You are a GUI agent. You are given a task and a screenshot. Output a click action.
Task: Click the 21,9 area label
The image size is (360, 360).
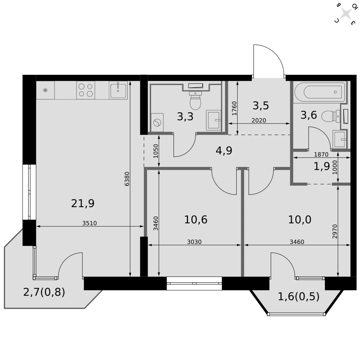click(83, 203)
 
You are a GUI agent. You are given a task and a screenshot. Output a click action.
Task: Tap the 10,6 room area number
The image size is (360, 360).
click(196, 220)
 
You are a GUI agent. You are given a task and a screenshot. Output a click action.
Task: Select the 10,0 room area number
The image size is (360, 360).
click(300, 220)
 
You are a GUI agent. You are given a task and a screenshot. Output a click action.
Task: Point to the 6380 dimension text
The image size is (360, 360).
click(127, 179)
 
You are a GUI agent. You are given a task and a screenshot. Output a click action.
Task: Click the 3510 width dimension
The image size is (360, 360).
click(90, 223)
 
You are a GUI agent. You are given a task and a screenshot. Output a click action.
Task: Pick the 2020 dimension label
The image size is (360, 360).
click(259, 120)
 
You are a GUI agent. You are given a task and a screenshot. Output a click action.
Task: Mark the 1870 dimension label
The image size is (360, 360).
click(321, 154)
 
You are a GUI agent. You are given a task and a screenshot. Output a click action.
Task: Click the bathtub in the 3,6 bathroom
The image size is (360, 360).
click(320, 92)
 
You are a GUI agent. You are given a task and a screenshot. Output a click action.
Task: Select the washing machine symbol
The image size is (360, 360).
click(157, 122)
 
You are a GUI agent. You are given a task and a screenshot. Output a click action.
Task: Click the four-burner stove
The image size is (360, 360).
click(86, 90)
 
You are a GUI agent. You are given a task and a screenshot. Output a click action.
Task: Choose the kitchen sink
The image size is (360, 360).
click(118, 90)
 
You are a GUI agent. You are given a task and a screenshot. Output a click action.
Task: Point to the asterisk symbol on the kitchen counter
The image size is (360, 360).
click(45, 90)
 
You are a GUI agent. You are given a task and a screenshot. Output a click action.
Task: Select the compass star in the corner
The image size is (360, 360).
click(346, 13)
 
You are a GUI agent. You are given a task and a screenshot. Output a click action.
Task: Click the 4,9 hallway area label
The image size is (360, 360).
click(224, 150)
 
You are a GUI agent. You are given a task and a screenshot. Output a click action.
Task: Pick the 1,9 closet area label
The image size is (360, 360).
click(321, 166)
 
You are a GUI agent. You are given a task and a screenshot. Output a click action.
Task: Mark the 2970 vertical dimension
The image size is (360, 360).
click(335, 231)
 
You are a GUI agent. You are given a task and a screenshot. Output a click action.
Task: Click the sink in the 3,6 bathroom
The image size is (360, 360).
click(339, 139)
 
